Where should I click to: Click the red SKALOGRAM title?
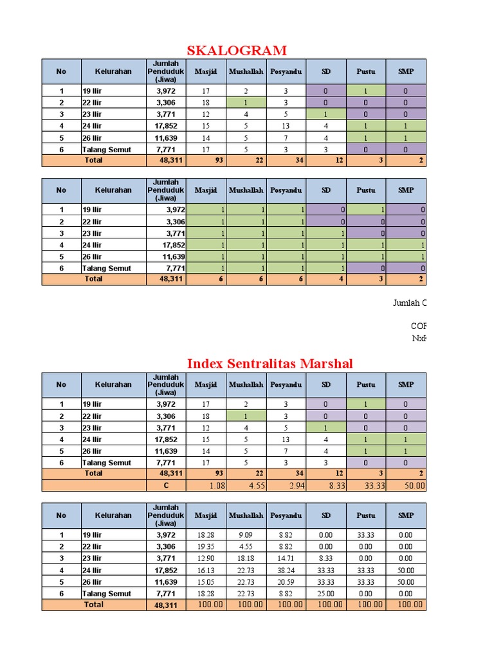coord(237,50)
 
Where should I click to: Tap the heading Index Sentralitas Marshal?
coord(270,364)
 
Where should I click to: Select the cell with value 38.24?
coord(286,570)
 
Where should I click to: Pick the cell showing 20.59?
coord(286,582)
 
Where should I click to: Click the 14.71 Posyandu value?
coord(286,558)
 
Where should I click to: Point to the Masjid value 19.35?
coord(206,546)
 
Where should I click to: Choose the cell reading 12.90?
coord(206,558)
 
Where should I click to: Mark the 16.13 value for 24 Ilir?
coord(206,570)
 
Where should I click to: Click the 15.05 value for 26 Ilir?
coord(206,582)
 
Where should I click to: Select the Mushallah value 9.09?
coord(246,535)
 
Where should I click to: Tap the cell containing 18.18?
coord(246,558)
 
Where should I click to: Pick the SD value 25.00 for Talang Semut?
coord(326,594)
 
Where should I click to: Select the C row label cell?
coord(166,486)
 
